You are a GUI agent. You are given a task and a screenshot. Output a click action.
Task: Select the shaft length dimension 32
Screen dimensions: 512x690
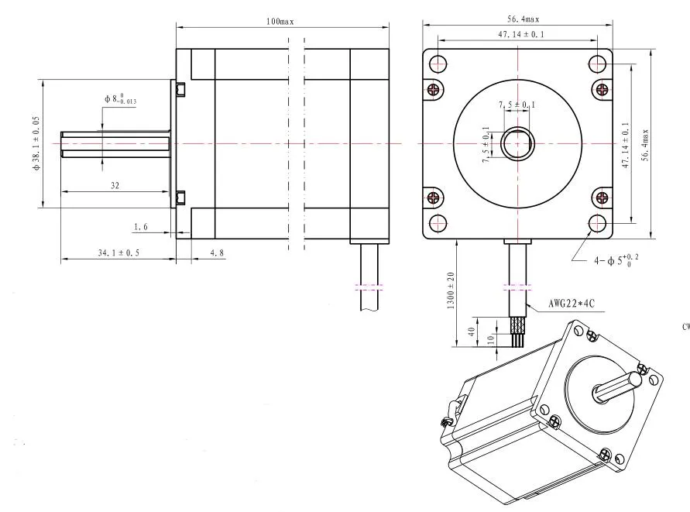pos(115,185)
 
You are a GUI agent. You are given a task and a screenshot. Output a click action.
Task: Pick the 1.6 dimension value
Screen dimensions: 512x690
pos(140,227)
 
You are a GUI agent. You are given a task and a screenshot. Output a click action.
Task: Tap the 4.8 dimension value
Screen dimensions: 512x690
pos(217,252)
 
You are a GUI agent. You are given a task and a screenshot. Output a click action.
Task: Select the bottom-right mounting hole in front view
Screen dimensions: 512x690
pos(597,223)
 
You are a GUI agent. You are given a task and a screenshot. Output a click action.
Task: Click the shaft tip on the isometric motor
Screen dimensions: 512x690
pos(636,379)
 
